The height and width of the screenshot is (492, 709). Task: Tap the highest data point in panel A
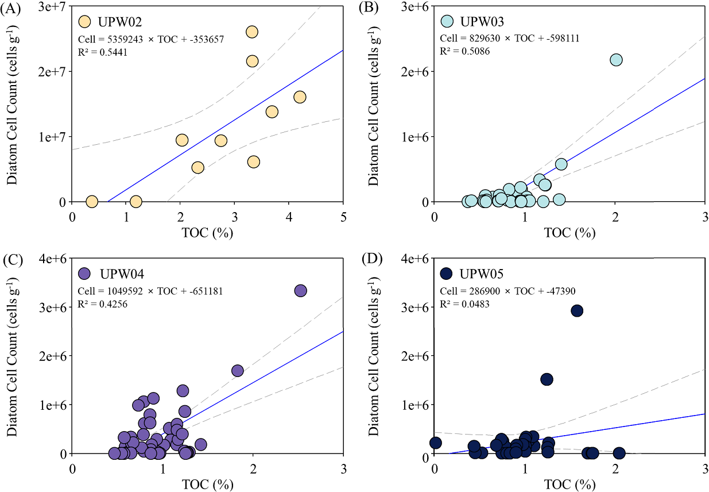(251, 32)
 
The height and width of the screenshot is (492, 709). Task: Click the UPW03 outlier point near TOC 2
(616, 60)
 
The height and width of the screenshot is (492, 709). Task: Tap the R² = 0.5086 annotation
(464, 51)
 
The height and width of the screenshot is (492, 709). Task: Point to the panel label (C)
(11, 259)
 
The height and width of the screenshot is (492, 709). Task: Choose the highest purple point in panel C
(300, 291)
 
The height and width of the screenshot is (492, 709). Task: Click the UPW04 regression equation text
(150, 291)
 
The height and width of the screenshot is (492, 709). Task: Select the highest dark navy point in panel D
(577, 310)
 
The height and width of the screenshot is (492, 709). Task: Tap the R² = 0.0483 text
(464, 303)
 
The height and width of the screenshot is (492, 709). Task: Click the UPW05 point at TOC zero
(435, 443)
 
